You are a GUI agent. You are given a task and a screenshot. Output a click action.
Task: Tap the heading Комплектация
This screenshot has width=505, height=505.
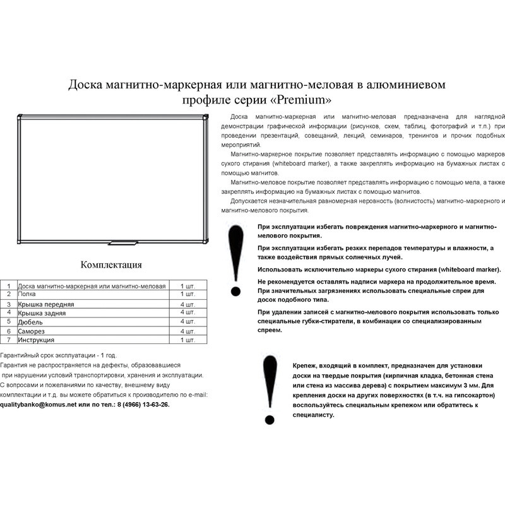click(111, 264)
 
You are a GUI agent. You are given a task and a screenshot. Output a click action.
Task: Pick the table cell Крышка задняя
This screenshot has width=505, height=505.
click(42, 312)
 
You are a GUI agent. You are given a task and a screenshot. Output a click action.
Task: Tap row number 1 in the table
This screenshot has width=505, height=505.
click(9, 286)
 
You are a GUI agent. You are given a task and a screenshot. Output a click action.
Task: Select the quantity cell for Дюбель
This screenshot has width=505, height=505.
click(187, 322)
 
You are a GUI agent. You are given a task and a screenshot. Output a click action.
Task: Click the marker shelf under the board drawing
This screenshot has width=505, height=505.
click(124, 242)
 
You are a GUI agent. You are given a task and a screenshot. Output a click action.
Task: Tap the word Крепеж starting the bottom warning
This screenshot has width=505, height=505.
click(307, 365)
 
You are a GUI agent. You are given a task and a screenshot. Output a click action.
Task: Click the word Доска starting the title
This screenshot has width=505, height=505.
click(86, 85)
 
